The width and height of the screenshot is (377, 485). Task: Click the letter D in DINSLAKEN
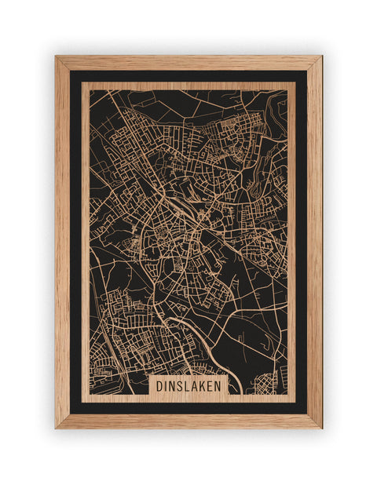(159, 386)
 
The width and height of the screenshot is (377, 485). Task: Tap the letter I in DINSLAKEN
(167, 386)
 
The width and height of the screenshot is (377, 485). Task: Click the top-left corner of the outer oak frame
(55, 56)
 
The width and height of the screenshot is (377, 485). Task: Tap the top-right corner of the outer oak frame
(322, 56)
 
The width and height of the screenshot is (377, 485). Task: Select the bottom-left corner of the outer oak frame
(55, 428)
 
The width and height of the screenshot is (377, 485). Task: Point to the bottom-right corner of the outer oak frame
(322, 428)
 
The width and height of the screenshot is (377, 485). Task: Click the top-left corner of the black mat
(70, 71)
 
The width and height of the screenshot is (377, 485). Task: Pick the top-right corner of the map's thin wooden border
(295, 82)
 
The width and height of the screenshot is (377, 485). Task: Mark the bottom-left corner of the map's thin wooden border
(82, 402)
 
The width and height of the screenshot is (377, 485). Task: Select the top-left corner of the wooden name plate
(149, 375)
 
